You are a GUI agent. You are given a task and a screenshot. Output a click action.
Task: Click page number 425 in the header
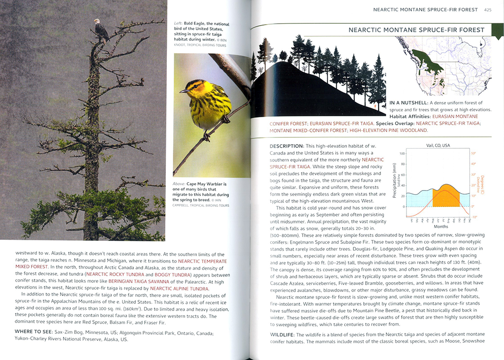point(488,9)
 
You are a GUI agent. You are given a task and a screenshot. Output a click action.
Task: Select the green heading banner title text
point(416,30)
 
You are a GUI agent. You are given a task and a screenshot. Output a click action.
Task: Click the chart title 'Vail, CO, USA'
point(438,145)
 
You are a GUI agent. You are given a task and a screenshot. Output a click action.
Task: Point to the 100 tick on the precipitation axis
point(402,154)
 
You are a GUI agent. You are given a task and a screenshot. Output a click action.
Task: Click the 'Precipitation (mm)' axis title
point(395,180)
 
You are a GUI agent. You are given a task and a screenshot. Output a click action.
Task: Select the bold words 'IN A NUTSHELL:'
point(408,102)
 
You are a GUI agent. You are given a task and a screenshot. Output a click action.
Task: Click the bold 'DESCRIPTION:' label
point(286,146)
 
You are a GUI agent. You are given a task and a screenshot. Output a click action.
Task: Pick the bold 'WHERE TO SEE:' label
point(34,331)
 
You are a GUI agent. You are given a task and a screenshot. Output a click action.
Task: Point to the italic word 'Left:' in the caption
point(179,23)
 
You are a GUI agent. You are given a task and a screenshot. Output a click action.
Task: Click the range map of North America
point(443,64)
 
